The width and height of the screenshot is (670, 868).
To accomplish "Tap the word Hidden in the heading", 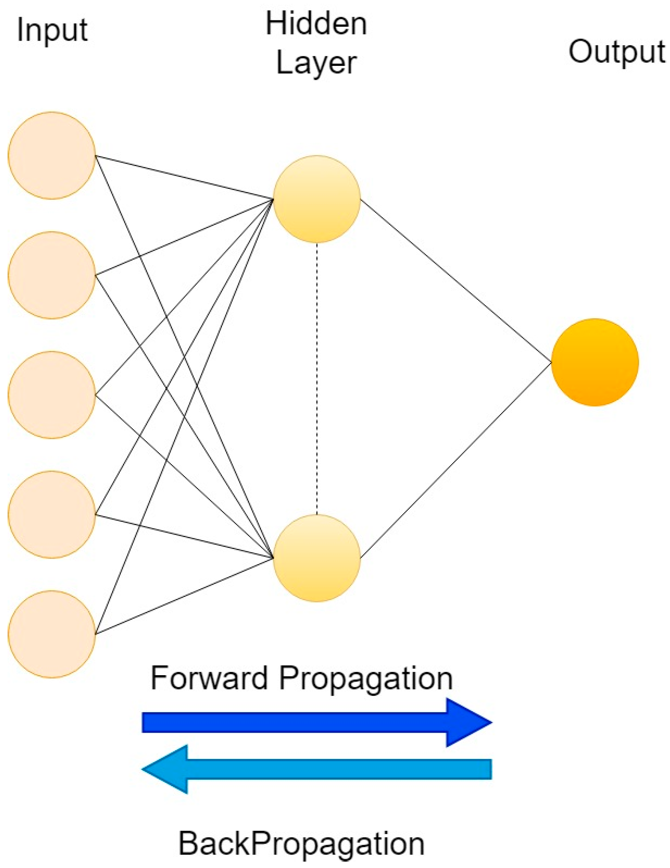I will (316, 24).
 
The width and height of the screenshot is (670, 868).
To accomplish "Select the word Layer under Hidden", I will (316, 63).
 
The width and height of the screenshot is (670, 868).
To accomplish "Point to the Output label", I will (617, 52).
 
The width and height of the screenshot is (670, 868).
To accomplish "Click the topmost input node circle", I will (52, 155).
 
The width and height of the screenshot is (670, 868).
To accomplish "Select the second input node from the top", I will (52, 275).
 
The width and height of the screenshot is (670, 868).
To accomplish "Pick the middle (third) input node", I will (52, 395).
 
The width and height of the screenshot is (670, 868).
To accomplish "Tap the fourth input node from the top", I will (52, 515).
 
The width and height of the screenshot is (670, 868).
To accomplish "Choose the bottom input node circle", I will (52, 634).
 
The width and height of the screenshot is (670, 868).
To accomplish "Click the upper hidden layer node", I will (317, 199).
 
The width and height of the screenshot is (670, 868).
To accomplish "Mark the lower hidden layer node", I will (317, 558).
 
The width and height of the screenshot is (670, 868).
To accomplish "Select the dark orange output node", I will (595, 362).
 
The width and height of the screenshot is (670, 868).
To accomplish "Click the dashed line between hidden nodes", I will (317, 379).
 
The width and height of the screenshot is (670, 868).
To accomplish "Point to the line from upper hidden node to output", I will (456, 280).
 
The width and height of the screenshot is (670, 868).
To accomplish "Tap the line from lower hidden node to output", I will (456, 460).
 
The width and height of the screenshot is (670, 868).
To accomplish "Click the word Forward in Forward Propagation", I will (209, 678).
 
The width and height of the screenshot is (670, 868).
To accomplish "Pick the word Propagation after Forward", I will (366, 679).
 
